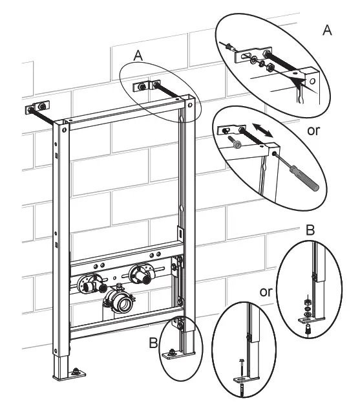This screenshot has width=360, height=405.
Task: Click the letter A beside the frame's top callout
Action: tap(137, 57)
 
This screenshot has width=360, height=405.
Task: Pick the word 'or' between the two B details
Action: tap(266, 292)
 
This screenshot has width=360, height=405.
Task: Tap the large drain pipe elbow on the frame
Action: tap(120, 300)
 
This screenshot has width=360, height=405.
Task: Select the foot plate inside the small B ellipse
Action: tap(173, 353)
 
